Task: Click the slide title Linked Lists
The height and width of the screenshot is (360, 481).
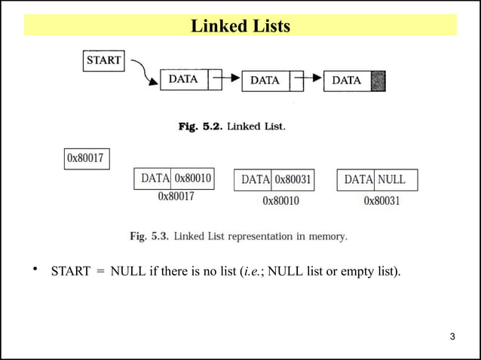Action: pos(240,26)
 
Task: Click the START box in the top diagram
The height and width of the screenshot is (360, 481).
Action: pos(104,60)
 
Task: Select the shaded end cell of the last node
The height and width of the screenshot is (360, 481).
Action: pos(379,80)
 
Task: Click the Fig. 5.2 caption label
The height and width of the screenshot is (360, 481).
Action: pos(200,127)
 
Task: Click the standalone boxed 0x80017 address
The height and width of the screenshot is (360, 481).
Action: pos(85,158)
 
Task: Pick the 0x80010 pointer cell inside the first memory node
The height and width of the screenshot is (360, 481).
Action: pos(193,178)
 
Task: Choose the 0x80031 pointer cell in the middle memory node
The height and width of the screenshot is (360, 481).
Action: pos(293,180)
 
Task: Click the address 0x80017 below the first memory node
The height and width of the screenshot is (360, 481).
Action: pos(176,197)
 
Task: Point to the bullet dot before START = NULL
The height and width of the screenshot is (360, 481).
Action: pos(35,269)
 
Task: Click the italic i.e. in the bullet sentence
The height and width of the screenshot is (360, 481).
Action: pos(252,271)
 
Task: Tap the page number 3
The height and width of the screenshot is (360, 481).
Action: pos(452,336)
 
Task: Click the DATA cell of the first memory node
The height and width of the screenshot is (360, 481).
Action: pos(155,178)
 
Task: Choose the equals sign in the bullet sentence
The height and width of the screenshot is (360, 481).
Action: pos(100,271)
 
